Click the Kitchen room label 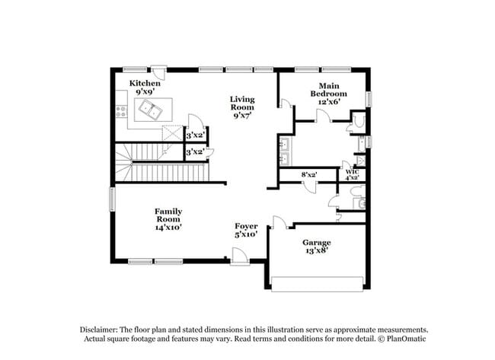[145, 83]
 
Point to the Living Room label [242, 104]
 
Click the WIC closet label [352, 172]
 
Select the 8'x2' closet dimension [309, 175]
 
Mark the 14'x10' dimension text [168, 226]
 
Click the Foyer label [246, 226]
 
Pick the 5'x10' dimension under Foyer [246, 235]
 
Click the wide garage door [318, 284]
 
